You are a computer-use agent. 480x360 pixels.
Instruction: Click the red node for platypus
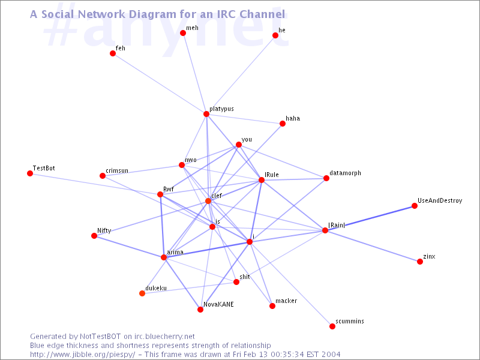click(x=206, y=114)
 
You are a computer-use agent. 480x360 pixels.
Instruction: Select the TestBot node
click(x=30, y=173)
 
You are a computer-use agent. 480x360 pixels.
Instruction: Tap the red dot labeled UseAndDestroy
click(x=415, y=206)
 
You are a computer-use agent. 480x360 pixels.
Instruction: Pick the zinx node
click(x=420, y=262)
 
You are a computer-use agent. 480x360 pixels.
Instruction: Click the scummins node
click(x=332, y=326)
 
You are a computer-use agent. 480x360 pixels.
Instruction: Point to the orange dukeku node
click(x=142, y=293)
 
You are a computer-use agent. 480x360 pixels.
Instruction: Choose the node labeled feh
click(x=113, y=53)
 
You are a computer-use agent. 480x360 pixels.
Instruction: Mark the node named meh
click(x=183, y=33)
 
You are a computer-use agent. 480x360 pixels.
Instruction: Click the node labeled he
click(x=275, y=35)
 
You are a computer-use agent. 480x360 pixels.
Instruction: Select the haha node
click(x=283, y=124)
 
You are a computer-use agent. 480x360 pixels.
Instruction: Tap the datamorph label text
click(x=346, y=173)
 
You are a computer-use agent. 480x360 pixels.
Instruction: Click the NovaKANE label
click(x=218, y=304)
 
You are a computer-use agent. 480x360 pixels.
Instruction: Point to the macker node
click(x=272, y=306)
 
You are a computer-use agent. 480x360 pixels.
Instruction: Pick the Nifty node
click(x=94, y=236)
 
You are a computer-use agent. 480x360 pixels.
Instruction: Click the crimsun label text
click(x=117, y=170)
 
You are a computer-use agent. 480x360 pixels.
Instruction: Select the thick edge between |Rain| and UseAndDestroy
click(x=370, y=218)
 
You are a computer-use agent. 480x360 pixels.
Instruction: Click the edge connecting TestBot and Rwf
click(x=95, y=184)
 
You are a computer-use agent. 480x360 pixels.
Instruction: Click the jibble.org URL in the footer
click(x=82, y=355)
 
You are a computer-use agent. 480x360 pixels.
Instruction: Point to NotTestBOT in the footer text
click(x=100, y=337)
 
